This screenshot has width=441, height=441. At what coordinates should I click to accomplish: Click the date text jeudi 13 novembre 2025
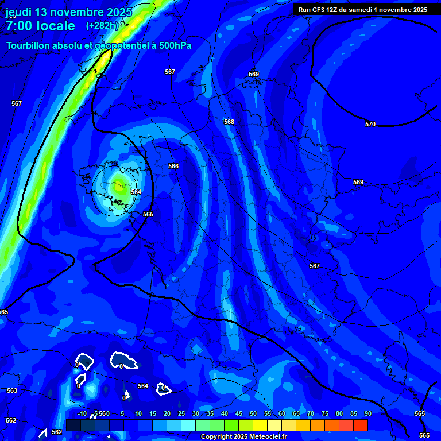tap(68, 12)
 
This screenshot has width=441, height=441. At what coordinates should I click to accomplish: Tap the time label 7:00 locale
tap(40, 26)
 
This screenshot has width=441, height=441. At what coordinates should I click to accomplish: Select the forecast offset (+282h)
tap(102, 26)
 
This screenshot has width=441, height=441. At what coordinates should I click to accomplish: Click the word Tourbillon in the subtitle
tap(29, 45)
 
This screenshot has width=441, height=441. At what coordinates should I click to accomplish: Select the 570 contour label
tap(370, 124)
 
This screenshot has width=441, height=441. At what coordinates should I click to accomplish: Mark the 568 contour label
tap(229, 122)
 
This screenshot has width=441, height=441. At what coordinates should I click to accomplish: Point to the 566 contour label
tap(173, 166)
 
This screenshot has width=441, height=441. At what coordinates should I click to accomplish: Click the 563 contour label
tap(12, 390)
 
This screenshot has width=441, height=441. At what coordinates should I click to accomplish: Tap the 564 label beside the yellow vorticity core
tap(136, 192)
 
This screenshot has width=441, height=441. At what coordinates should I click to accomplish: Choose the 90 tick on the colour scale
tap(367, 413)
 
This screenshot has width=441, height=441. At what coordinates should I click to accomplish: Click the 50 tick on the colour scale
tap(253, 413)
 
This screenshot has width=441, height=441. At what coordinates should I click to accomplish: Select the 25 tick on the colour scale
tap(181, 413)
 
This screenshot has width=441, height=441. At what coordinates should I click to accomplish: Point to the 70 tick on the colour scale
tap(310, 413)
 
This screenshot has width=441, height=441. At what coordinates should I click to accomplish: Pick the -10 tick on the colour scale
tap(82, 413)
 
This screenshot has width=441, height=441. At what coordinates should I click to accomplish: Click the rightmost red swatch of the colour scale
tap(361, 425)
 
